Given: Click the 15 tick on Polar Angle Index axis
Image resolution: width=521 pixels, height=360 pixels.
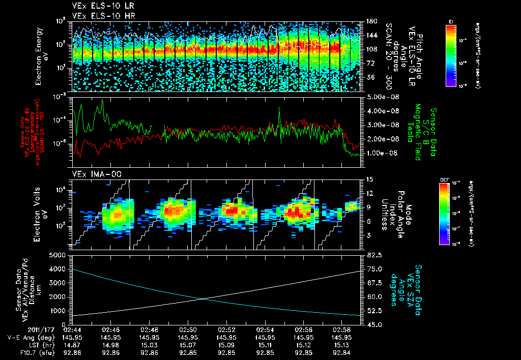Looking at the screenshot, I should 369,179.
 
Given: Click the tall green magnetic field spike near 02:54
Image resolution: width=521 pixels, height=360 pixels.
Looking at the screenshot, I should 279,108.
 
